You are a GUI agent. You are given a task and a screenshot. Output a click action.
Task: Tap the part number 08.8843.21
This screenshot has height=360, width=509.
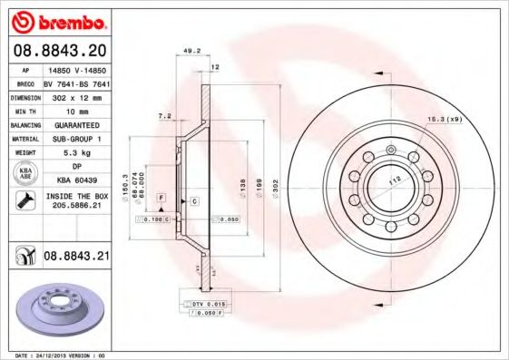tap(76, 257)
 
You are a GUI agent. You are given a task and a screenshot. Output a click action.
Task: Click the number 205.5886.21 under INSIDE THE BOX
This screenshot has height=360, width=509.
tap(76, 205)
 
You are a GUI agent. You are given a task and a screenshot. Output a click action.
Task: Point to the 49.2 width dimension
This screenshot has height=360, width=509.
tap(191, 52)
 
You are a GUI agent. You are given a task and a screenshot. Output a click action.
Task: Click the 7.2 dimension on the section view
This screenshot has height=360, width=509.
tap(164, 117)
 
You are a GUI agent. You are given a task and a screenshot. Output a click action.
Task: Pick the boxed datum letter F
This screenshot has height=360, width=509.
tap(161, 197)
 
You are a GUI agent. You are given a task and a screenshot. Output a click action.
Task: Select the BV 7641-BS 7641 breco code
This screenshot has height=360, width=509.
tap(76, 81)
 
